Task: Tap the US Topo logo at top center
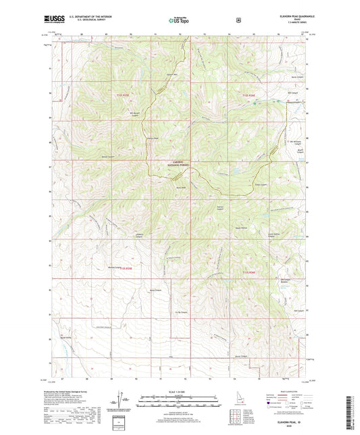click(x=180, y=20)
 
